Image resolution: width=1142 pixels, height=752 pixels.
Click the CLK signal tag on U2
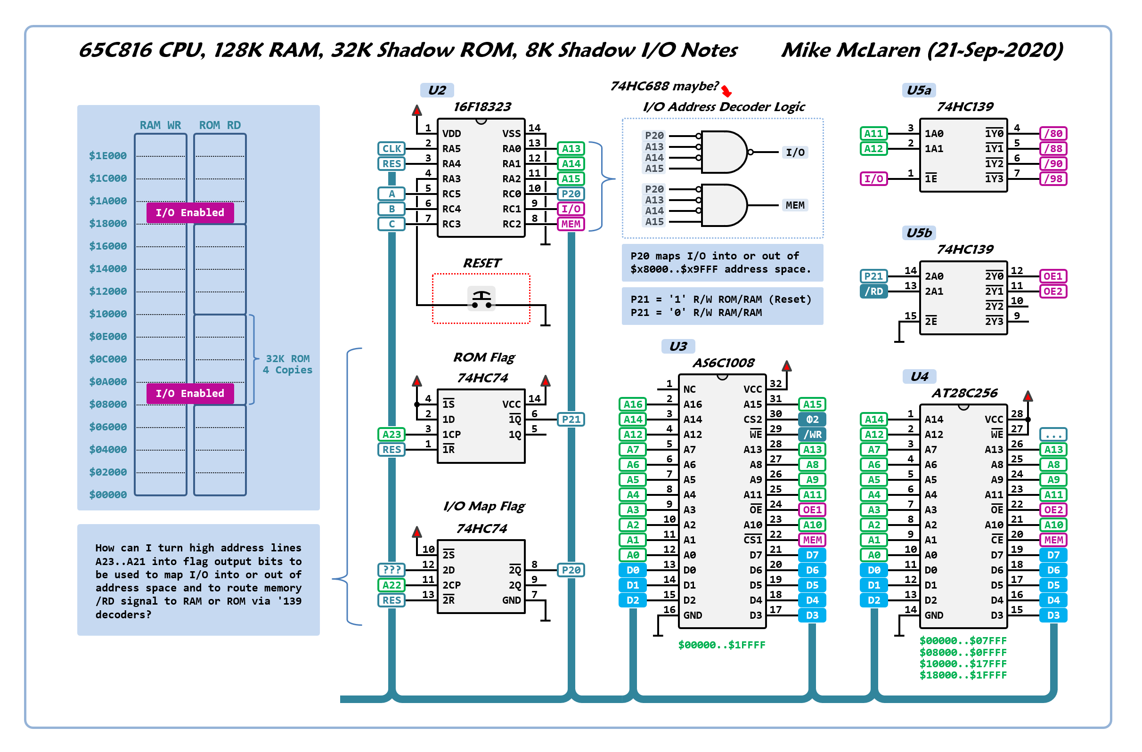click(391, 149)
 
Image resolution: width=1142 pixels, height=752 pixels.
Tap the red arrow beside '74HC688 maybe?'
click(726, 90)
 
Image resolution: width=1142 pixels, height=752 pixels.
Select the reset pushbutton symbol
click(481, 299)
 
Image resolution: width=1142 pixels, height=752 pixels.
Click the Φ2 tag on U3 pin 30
click(812, 420)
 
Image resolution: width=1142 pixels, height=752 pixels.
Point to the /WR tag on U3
click(812, 435)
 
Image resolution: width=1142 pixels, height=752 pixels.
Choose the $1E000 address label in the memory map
click(108, 156)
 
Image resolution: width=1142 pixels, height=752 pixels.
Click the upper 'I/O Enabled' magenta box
click(190, 212)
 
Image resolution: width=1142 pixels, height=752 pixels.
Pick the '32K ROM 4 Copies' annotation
click(287, 364)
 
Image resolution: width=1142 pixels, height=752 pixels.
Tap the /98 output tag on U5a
click(1053, 179)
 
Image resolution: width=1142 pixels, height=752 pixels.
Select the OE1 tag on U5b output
click(1053, 276)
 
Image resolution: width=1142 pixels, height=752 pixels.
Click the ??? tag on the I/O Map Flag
click(392, 570)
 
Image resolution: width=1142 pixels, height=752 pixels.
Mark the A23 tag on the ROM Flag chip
click(392, 435)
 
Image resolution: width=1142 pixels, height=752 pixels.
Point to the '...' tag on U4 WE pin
click(1053, 435)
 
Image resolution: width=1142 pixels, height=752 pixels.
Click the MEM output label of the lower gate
click(795, 205)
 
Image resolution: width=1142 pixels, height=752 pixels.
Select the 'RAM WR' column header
click(160, 125)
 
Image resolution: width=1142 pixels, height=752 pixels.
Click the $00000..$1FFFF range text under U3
click(721, 645)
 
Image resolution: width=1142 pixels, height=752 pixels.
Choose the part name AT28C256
click(964, 393)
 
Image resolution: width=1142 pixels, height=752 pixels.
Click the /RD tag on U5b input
click(873, 291)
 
